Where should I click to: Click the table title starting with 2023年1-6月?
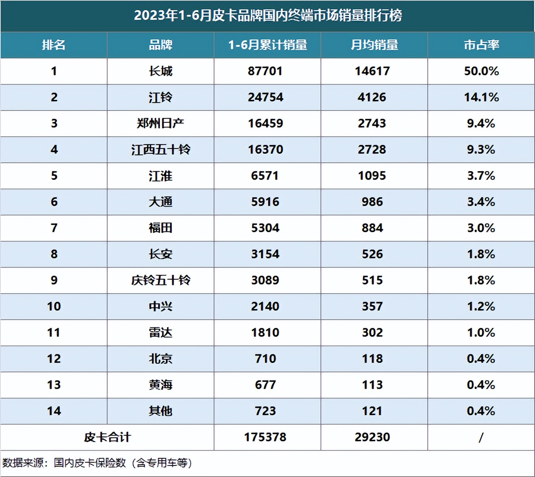coord(267,15)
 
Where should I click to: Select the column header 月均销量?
coord(374,45)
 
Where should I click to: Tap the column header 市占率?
coord(481,45)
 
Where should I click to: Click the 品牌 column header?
coord(160,45)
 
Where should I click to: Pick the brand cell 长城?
coord(160,71)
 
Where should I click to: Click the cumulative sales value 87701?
coord(265,71)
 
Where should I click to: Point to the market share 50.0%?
coord(481,71)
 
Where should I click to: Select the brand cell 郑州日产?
coord(160,124)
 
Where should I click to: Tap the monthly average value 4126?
coord(372,97)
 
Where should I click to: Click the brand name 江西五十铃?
coord(160,150)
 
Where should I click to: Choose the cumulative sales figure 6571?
coord(265,176)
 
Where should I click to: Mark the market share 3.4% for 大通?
coord(481,202)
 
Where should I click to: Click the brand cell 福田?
coord(160,228)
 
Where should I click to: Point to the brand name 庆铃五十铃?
coord(160,280)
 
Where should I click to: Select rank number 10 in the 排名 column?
coord(54,307)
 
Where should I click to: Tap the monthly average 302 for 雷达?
coord(372,333)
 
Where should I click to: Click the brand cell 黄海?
coord(160,385)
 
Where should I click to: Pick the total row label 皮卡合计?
coord(107,437)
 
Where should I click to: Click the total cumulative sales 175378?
coord(265,437)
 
